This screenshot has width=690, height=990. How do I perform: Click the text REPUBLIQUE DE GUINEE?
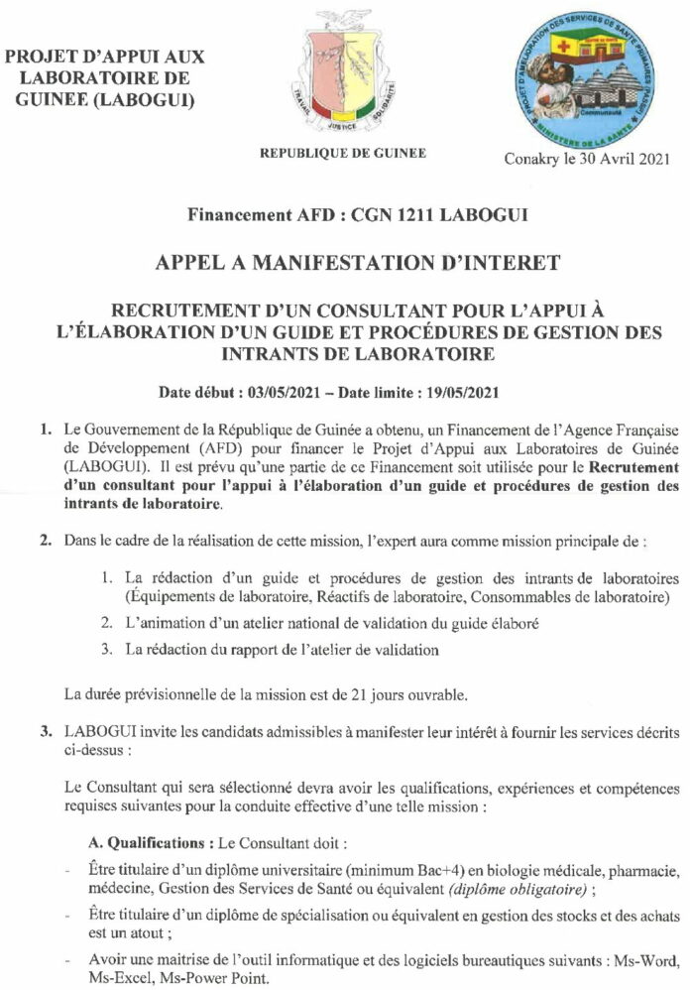[x=343, y=154]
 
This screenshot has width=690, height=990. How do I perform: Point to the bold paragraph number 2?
[x=45, y=544]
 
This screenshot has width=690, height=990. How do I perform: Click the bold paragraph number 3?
[x=45, y=733]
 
